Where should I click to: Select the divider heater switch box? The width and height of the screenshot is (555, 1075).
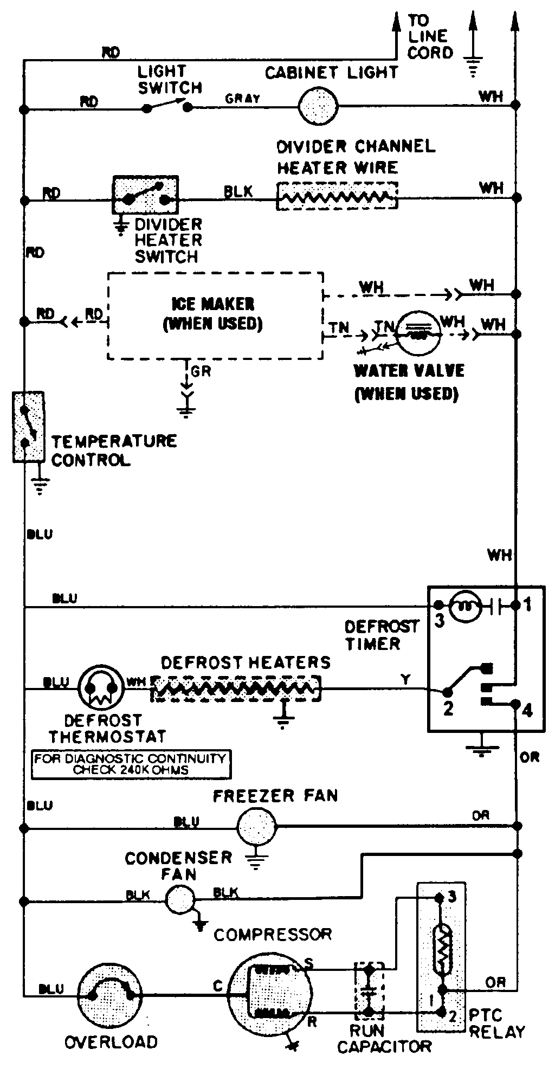click(145, 195)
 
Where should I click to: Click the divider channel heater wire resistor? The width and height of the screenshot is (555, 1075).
click(337, 196)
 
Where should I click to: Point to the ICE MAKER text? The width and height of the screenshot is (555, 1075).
click(212, 304)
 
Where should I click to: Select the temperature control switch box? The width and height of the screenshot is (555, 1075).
click(28, 427)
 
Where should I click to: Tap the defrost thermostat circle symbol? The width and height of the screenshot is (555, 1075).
click(98, 688)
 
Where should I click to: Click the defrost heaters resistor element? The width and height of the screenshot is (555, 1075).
click(235, 688)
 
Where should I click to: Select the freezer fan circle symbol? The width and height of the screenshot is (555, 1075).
click(256, 826)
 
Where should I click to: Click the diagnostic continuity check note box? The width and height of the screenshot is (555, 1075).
click(130, 764)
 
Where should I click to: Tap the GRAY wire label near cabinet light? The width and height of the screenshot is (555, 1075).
click(242, 99)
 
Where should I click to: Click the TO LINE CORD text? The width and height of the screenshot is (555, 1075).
click(430, 37)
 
